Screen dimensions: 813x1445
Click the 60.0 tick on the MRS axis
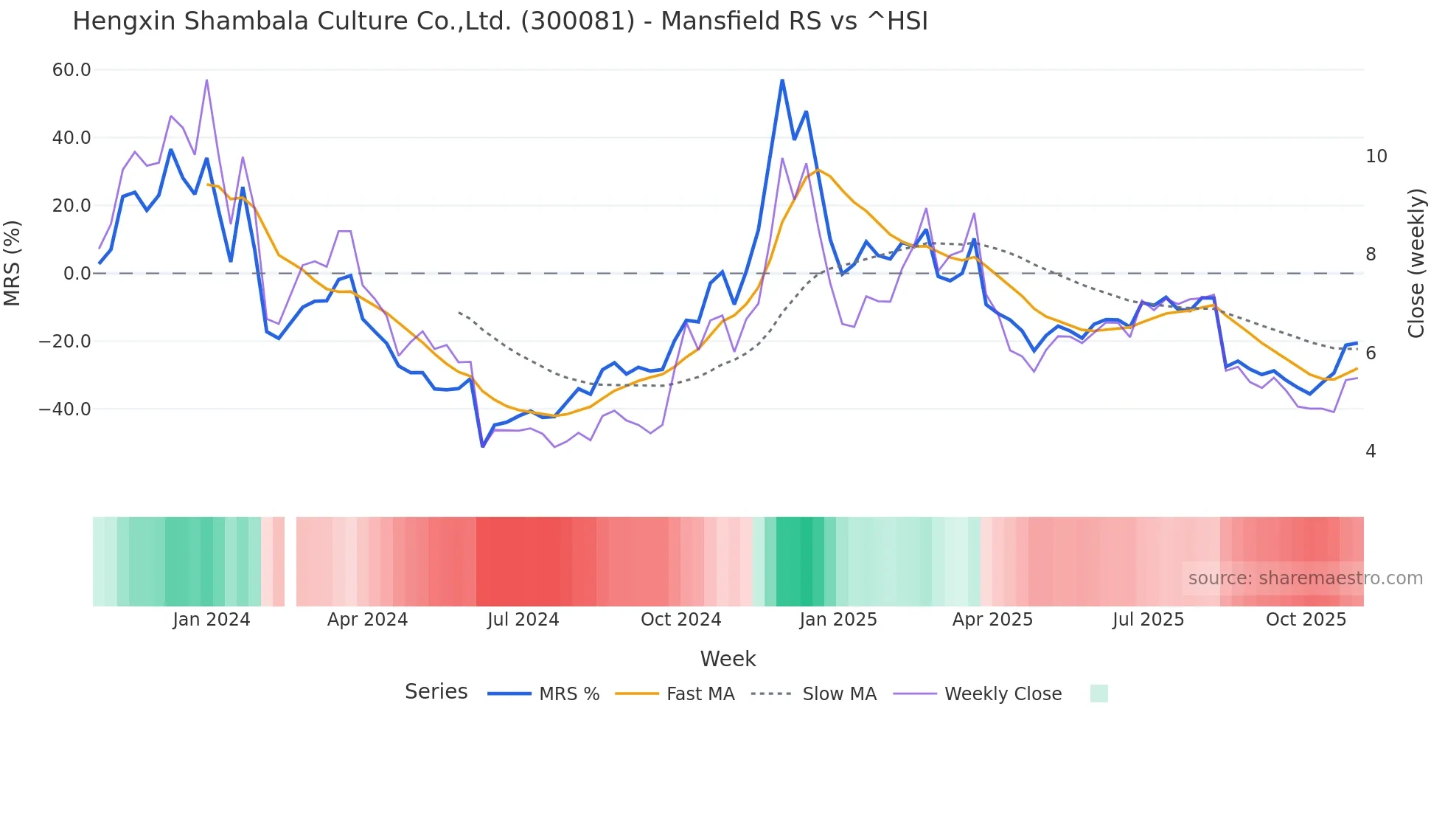click(72, 70)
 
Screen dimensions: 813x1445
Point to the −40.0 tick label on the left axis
click(65, 409)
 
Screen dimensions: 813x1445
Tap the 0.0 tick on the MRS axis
click(77, 274)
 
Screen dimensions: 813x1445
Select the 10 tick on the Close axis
click(1376, 156)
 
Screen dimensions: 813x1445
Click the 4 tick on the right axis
click(1371, 451)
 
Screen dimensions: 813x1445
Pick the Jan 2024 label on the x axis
click(212, 620)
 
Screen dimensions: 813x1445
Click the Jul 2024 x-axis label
click(523, 620)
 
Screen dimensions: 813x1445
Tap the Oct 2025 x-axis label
click(1306, 620)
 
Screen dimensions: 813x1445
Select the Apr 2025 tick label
click(992, 620)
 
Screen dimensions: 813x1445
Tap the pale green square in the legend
click(1098, 693)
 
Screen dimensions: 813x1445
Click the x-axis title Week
click(728, 659)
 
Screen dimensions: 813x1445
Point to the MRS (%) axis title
click(13, 263)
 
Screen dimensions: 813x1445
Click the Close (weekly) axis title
click(1416, 263)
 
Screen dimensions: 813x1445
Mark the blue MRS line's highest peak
click(782, 80)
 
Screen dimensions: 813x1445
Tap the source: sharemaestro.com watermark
click(1305, 578)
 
